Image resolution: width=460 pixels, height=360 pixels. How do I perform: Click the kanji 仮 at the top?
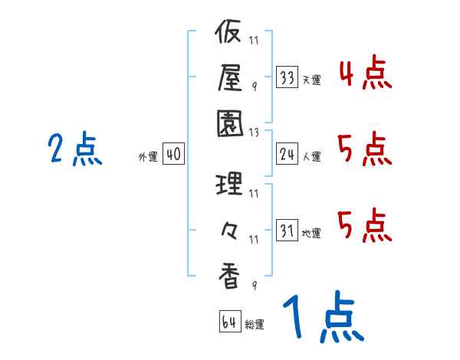(230, 33)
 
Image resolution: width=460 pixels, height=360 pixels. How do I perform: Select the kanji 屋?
(230, 77)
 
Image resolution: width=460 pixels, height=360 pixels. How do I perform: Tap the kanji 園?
(230, 122)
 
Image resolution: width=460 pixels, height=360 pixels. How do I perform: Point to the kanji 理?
(230, 184)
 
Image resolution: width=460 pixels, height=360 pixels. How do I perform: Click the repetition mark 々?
(230, 229)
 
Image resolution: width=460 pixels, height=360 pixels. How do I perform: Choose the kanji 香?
(230, 274)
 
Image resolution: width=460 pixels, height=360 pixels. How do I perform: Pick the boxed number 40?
(172, 155)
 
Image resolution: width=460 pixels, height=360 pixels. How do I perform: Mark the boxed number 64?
(229, 322)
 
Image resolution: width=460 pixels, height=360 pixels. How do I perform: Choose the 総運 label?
(255, 325)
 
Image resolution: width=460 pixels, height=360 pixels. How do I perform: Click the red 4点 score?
(365, 75)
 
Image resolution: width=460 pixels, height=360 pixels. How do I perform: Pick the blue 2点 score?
(76, 149)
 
